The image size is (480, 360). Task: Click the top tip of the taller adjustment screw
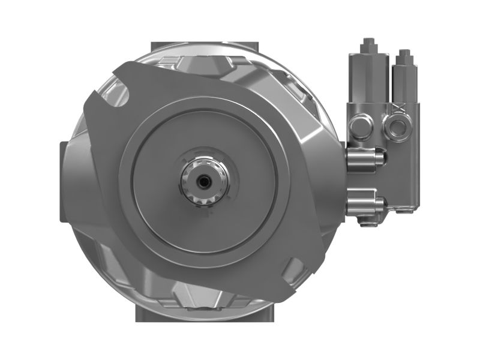pos(368,41)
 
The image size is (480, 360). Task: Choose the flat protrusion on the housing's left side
pos(65,180)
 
